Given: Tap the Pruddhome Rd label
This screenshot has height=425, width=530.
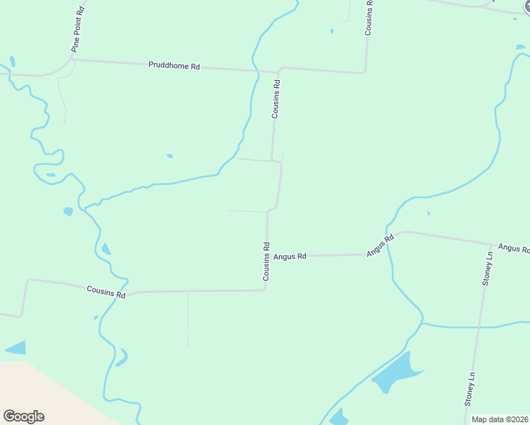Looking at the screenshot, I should click(174, 66).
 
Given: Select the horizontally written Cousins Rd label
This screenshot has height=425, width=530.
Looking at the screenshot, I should click(106, 290).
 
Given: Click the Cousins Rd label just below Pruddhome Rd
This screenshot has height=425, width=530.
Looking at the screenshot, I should click(276, 98).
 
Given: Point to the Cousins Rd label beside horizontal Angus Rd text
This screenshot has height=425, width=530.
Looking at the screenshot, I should click(266, 261).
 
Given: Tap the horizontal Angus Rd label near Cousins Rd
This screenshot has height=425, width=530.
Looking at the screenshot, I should click(290, 256).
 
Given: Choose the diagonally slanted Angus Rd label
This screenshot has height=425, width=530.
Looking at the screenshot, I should click(380, 245).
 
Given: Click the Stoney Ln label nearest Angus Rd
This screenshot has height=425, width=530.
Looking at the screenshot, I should click(487, 268).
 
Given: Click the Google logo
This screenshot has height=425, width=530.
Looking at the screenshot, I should click(23, 416).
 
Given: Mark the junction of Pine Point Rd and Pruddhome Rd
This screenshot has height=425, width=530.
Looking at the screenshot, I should click(71, 60).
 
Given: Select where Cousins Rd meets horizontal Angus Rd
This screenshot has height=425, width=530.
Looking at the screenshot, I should click(267, 256).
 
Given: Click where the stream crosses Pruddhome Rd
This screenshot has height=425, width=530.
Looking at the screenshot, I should click(256, 70).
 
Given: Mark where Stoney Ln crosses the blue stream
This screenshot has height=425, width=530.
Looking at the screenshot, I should click(479, 327).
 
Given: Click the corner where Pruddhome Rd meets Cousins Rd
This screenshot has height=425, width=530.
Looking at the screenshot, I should click(279, 71).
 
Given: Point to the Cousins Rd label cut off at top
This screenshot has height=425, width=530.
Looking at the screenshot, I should click(368, 17).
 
